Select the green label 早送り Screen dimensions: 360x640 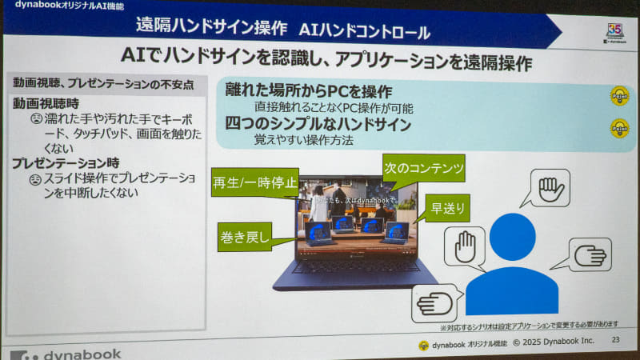pos(446,207)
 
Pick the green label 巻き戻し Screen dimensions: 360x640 pos(246,236)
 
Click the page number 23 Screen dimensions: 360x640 pos(615,342)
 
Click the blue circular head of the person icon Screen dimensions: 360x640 pos(512,236)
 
